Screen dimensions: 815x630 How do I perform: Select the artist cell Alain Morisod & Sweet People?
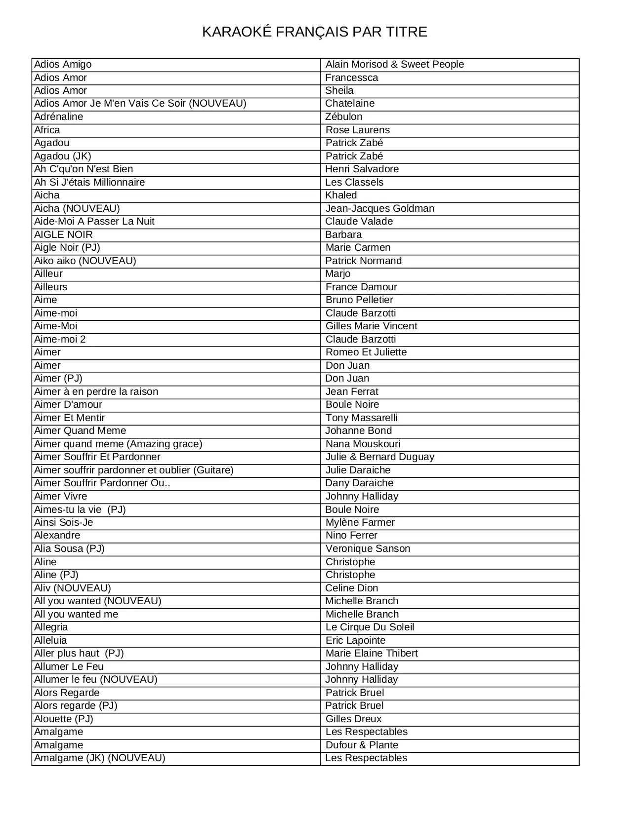394,65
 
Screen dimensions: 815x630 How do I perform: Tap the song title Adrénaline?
58,117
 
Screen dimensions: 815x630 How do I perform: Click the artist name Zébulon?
343,117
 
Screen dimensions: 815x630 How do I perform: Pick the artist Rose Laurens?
357,130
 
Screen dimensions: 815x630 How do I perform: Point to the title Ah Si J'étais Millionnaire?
89,183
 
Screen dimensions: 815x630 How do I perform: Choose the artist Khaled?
341,195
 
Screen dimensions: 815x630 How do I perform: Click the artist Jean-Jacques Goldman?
379,209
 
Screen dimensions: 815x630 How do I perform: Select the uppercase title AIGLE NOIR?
63,235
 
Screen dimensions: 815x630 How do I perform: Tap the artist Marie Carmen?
358,248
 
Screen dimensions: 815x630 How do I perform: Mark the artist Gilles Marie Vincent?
371,326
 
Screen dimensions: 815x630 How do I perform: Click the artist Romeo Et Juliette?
366,352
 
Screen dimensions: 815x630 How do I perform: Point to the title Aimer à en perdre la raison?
96,392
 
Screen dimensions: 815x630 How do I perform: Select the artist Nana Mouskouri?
363,444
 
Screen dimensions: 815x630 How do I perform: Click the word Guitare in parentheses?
213,470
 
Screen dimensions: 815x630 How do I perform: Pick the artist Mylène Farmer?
360,523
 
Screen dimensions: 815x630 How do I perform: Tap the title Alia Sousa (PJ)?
69,549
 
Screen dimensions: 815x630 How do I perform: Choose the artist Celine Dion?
351,588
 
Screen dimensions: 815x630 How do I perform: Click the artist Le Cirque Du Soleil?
370,627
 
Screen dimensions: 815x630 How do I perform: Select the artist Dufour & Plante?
362,745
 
